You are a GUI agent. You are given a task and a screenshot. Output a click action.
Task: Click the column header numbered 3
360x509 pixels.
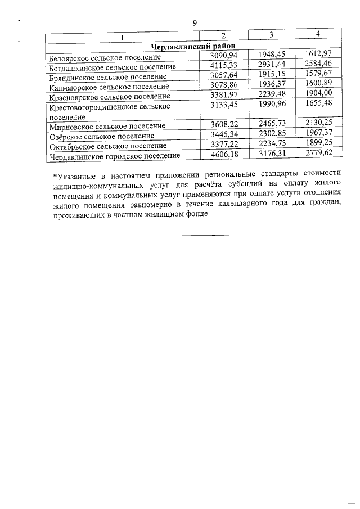pos(271,35)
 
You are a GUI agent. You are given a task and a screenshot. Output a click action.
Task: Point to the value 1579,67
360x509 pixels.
pos(318,76)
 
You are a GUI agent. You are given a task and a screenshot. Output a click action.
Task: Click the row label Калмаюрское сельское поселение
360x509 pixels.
pos(109,87)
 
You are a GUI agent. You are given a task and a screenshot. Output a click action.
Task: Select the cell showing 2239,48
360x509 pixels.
pos(272,96)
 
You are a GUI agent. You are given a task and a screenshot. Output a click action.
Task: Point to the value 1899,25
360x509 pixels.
pos(318,145)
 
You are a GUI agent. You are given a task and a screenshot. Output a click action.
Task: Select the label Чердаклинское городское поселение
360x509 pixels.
pos(115,156)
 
